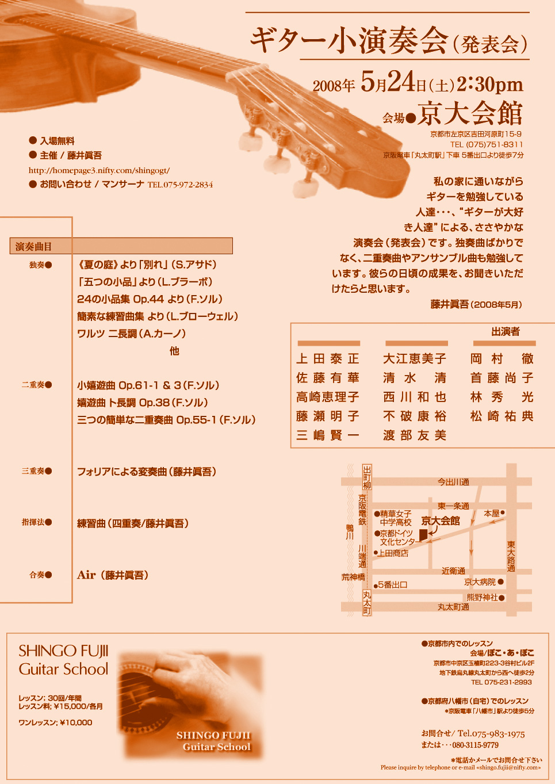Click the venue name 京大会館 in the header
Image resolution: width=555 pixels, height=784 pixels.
(470, 113)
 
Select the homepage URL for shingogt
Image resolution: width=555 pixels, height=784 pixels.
(99, 170)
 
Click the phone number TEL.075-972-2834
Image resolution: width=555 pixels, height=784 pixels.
(180, 185)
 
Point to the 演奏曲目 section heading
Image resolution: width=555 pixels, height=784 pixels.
(33, 246)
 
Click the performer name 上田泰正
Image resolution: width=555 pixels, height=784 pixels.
(328, 359)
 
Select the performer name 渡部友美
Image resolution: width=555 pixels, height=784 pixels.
(415, 435)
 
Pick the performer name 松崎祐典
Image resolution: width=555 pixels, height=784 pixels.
(502, 416)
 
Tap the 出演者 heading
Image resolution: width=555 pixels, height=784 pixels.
(506, 331)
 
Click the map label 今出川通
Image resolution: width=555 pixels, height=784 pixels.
(453, 482)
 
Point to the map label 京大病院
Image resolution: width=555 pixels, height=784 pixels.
(480, 582)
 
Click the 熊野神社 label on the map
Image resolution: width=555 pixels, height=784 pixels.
(482, 598)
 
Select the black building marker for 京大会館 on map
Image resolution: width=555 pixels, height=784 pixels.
(423, 535)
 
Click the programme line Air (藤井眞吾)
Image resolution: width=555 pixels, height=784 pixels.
(113, 575)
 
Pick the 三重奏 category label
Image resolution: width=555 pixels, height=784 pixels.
(33, 471)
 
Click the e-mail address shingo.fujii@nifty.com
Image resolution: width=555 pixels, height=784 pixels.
(507, 767)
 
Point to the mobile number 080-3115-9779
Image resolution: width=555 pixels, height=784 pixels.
(476, 745)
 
